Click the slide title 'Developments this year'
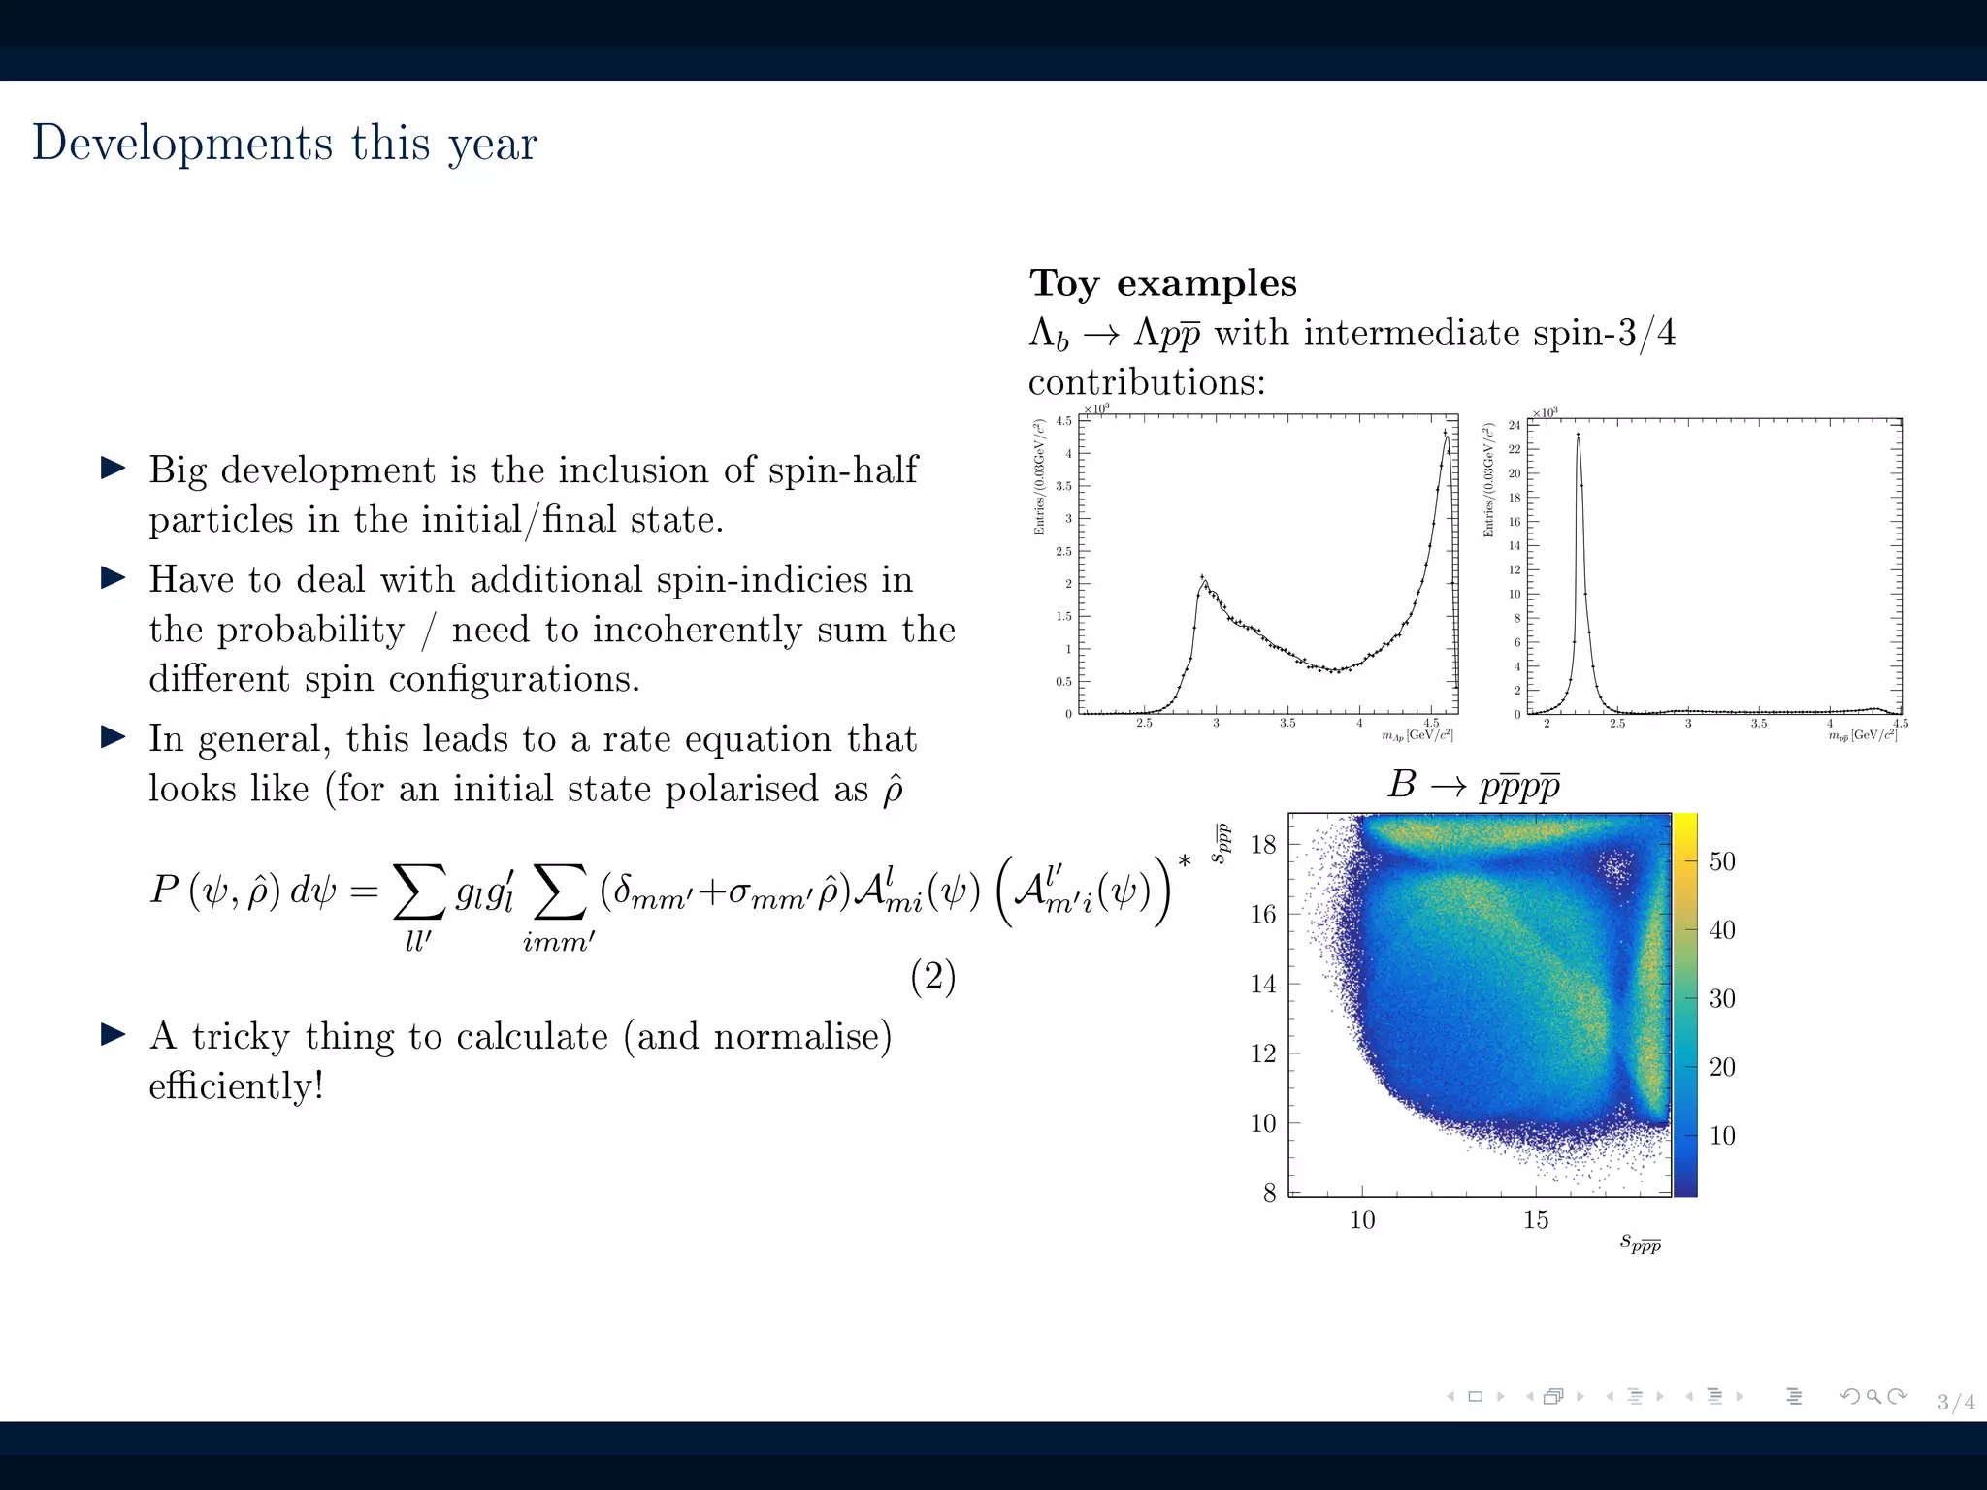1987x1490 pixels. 284,144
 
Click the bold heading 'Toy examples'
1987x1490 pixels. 1162,283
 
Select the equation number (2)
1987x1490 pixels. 932,976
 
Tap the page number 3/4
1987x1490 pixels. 1955,1401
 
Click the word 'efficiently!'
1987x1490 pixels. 236,1085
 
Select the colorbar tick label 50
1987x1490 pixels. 1721,861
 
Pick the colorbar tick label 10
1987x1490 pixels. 1721,1135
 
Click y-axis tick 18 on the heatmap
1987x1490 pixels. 1263,844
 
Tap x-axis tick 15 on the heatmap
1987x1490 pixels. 1535,1220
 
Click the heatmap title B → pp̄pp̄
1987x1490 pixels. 1473,785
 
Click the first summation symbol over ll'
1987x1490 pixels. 419,891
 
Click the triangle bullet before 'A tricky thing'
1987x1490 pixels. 114,1035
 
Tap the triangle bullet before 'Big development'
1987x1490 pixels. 114,469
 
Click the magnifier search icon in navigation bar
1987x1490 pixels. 1873,1397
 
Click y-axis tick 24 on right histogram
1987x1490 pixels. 1514,425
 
